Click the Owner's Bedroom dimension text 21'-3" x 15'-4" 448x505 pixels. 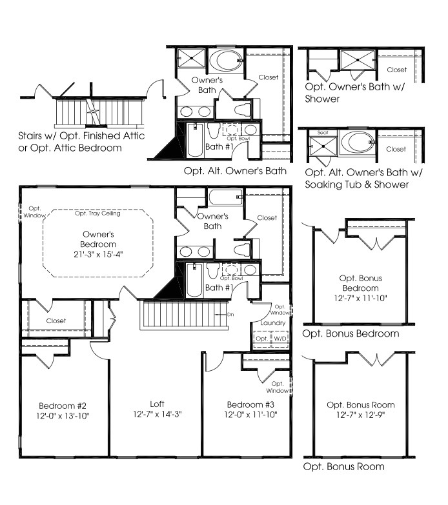click(99, 254)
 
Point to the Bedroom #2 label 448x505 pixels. click(63, 406)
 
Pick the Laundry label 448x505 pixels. click(272, 322)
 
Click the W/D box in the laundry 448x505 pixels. click(280, 339)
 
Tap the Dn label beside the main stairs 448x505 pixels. click(230, 314)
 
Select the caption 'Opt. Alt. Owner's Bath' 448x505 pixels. click(235, 171)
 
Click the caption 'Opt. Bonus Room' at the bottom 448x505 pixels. click(343, 466)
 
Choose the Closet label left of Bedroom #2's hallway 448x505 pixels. click(56, 321)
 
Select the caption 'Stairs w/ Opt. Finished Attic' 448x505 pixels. click(82, 136)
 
